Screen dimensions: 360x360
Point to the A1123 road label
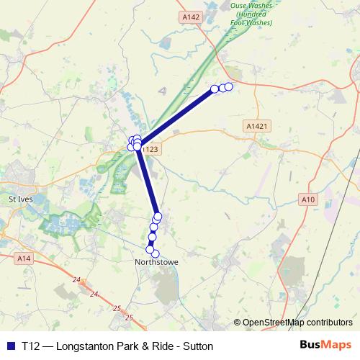click(x=150, y=149)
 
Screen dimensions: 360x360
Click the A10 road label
click(x=310, y=199)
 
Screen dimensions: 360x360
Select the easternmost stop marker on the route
click(x=229, y=86)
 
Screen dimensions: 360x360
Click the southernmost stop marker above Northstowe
click(x=155, y=253)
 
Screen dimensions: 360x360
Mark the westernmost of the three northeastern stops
click(x=214, y=89)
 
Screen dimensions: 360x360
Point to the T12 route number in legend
click(x=30, y=346)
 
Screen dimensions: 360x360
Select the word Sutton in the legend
click(x=197, y=346)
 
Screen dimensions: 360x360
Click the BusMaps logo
click(x=325, y=345)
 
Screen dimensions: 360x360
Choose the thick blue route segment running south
click(x=147, y=180)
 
